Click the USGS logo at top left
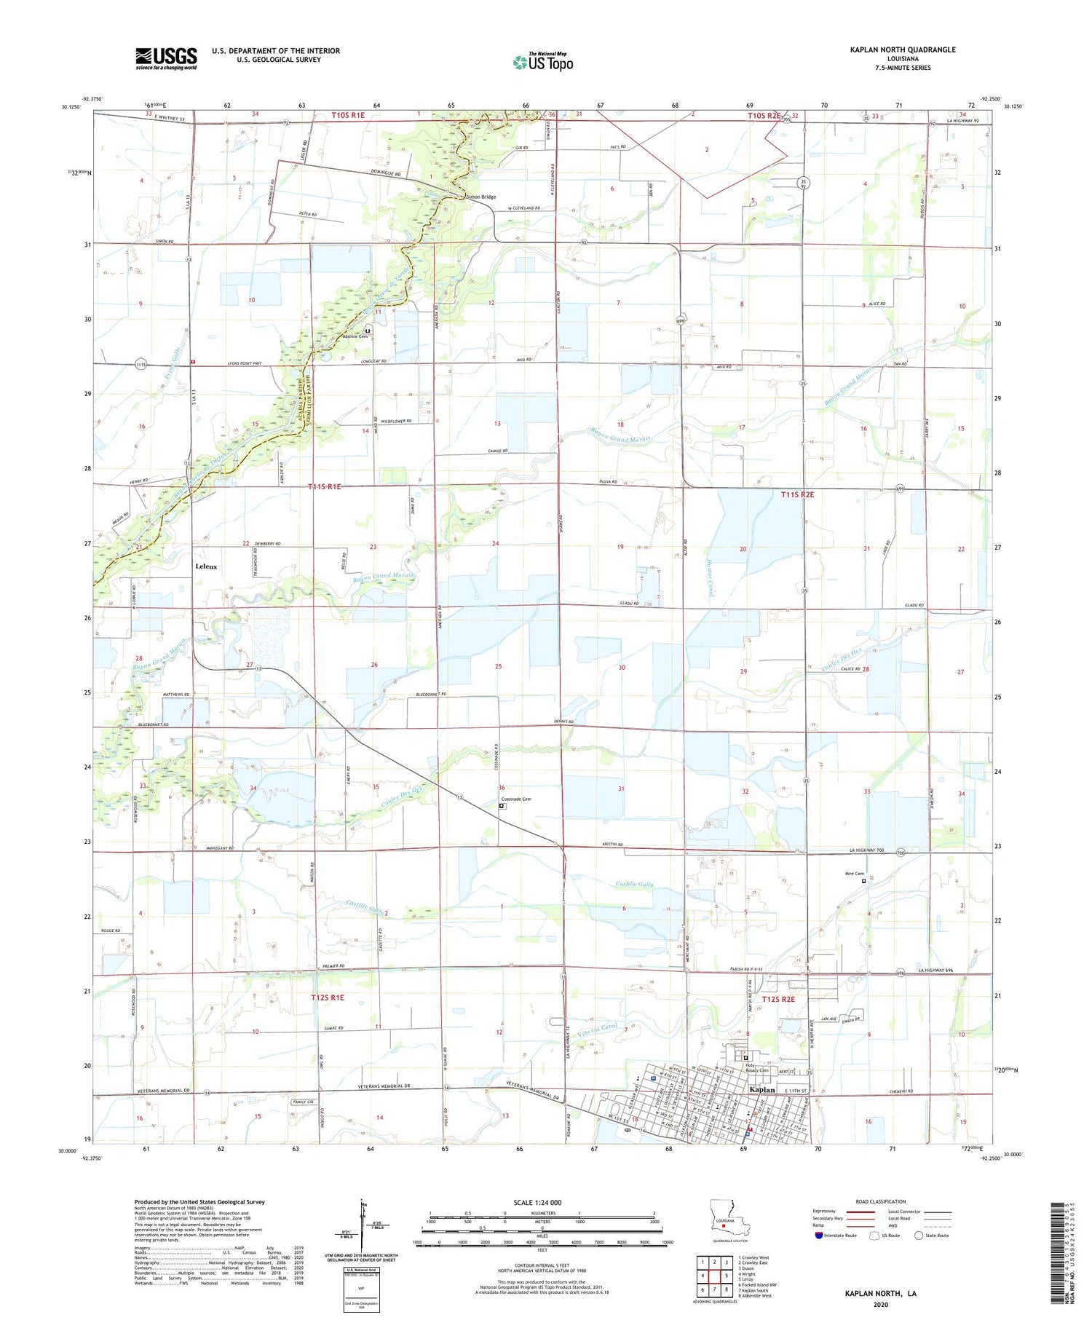(x=166, y=58)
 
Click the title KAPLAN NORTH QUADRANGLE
(x=902, y=50)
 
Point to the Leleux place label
(x=206, y=566)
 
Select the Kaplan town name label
(x=762, y=1089)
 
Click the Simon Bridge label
(x=481, y=197)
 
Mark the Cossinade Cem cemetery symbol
(x=502, y=806)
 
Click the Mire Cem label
(x=855, y=874)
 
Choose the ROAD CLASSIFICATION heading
(x=881, y=1201)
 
